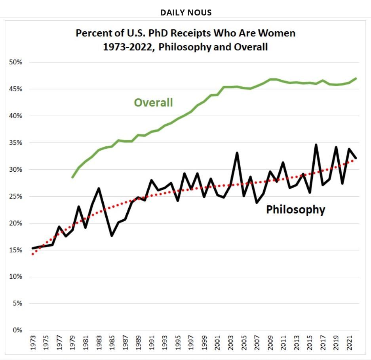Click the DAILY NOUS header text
click(186, 13)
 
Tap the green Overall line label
click(153, 103)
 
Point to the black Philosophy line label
click(295, 209)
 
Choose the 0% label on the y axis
click(17, 330)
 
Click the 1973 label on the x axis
click(33, 343)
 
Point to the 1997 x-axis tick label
click(191, 343)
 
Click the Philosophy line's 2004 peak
click(237, 153)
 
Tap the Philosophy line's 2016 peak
click(316, 145)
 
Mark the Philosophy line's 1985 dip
click(112, 236)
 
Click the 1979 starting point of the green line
click(72, 177)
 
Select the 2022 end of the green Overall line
click(356, 79)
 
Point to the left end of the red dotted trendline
click(33, 254)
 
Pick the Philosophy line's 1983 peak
click(99, 188)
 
